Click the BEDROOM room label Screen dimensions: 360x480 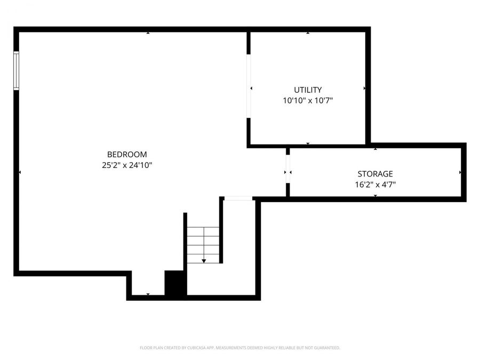point(127,155)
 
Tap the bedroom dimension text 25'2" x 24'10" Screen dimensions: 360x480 point(127,165)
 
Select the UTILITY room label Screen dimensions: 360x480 point(308,90)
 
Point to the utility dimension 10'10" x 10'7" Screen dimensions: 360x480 point(308,100)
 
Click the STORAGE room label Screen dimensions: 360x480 point(375,174)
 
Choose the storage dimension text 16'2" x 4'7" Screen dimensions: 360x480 point(375,185)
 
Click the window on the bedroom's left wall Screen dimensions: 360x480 point(17,70)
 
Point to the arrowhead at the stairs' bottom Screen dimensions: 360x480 point(204,261)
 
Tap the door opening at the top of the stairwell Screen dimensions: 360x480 point(238,198)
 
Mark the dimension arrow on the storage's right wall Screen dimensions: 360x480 point(460,172)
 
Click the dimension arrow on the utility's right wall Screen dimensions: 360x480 point(364,88)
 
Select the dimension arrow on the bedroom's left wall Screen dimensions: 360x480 point(20,172)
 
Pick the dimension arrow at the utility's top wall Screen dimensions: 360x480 point(308,33)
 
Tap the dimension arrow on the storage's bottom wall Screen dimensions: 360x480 point(375,196)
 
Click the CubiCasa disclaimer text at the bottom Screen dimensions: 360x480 point(239,348)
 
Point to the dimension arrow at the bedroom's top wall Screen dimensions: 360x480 point(148,33)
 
